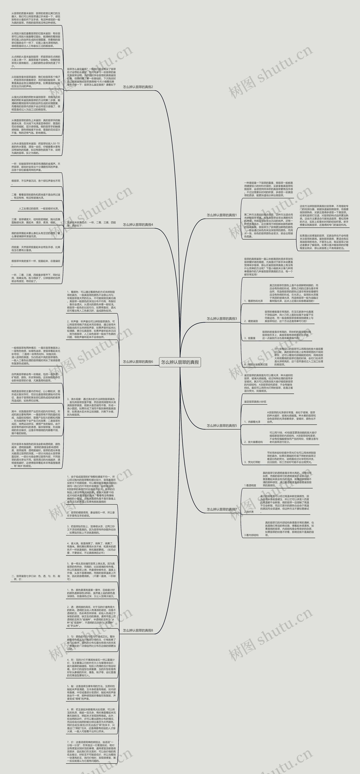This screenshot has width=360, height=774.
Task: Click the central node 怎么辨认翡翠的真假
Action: [180, 362]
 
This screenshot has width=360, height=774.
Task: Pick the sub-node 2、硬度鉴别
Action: [251, 321]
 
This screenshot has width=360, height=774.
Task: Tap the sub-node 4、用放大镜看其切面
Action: [256, 364]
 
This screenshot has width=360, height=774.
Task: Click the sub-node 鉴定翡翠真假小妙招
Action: [255, 402]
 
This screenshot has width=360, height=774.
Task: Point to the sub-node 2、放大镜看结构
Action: [253, 442]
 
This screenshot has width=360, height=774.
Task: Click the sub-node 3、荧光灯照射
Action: [252, 462]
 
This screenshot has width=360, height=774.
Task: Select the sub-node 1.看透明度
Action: [250, 485]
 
